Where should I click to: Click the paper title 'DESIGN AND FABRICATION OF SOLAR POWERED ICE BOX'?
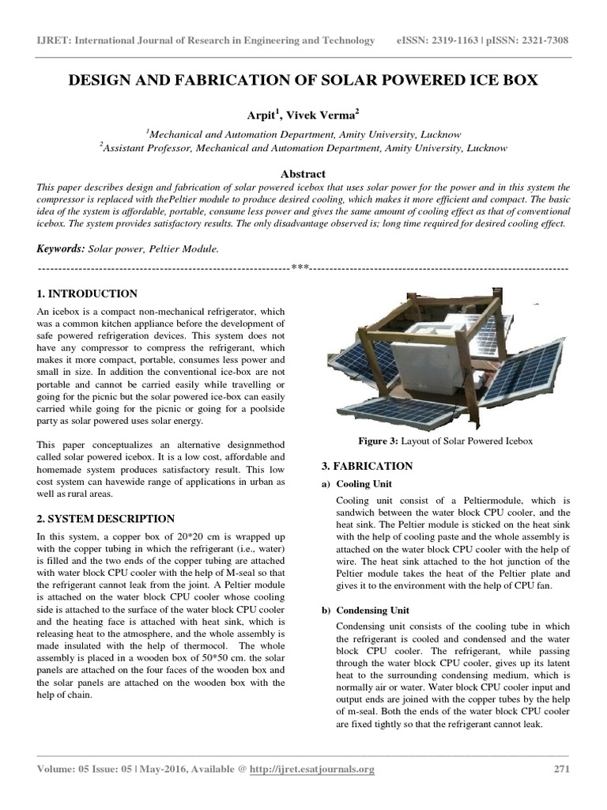303,81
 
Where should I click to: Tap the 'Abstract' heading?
303,173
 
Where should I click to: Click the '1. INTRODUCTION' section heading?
88,293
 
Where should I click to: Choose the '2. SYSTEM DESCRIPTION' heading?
106,519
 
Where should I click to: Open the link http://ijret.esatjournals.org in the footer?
311,769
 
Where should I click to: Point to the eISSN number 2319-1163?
456,40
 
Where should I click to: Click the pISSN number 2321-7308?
537,40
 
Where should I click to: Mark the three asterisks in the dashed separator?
300,268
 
